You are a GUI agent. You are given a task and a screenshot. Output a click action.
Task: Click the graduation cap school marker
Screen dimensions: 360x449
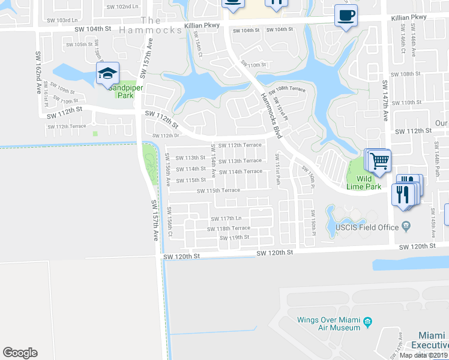click(x=107, y=73)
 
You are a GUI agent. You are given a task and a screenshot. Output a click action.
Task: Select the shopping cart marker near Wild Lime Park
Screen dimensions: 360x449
click(x=378, y=161)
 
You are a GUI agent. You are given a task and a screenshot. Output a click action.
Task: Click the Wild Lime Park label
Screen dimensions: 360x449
click(x=364, y=182)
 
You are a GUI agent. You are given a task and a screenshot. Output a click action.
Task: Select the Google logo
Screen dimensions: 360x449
click(x=20, y=352)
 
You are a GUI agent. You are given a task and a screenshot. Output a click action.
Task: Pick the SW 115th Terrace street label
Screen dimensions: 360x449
click(x=219, y=190)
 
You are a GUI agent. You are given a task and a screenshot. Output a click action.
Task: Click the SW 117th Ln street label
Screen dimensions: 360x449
click(x=226, y=218)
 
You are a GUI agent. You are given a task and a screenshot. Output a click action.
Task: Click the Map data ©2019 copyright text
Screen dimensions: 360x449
click(x=424, y=355)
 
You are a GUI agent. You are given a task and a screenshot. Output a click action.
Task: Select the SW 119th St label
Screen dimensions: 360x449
click(x=235, y=237)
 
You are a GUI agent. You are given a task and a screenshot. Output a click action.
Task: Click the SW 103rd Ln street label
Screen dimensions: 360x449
click(x=73, y=20)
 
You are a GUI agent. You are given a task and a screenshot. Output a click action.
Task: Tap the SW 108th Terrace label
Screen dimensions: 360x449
click(x=287, y=90)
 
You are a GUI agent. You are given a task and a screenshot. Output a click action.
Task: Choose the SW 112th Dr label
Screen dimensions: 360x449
click(x=166, y=135)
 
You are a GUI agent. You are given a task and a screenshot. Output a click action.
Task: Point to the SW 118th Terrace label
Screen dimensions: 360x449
click(x=229, y=228)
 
